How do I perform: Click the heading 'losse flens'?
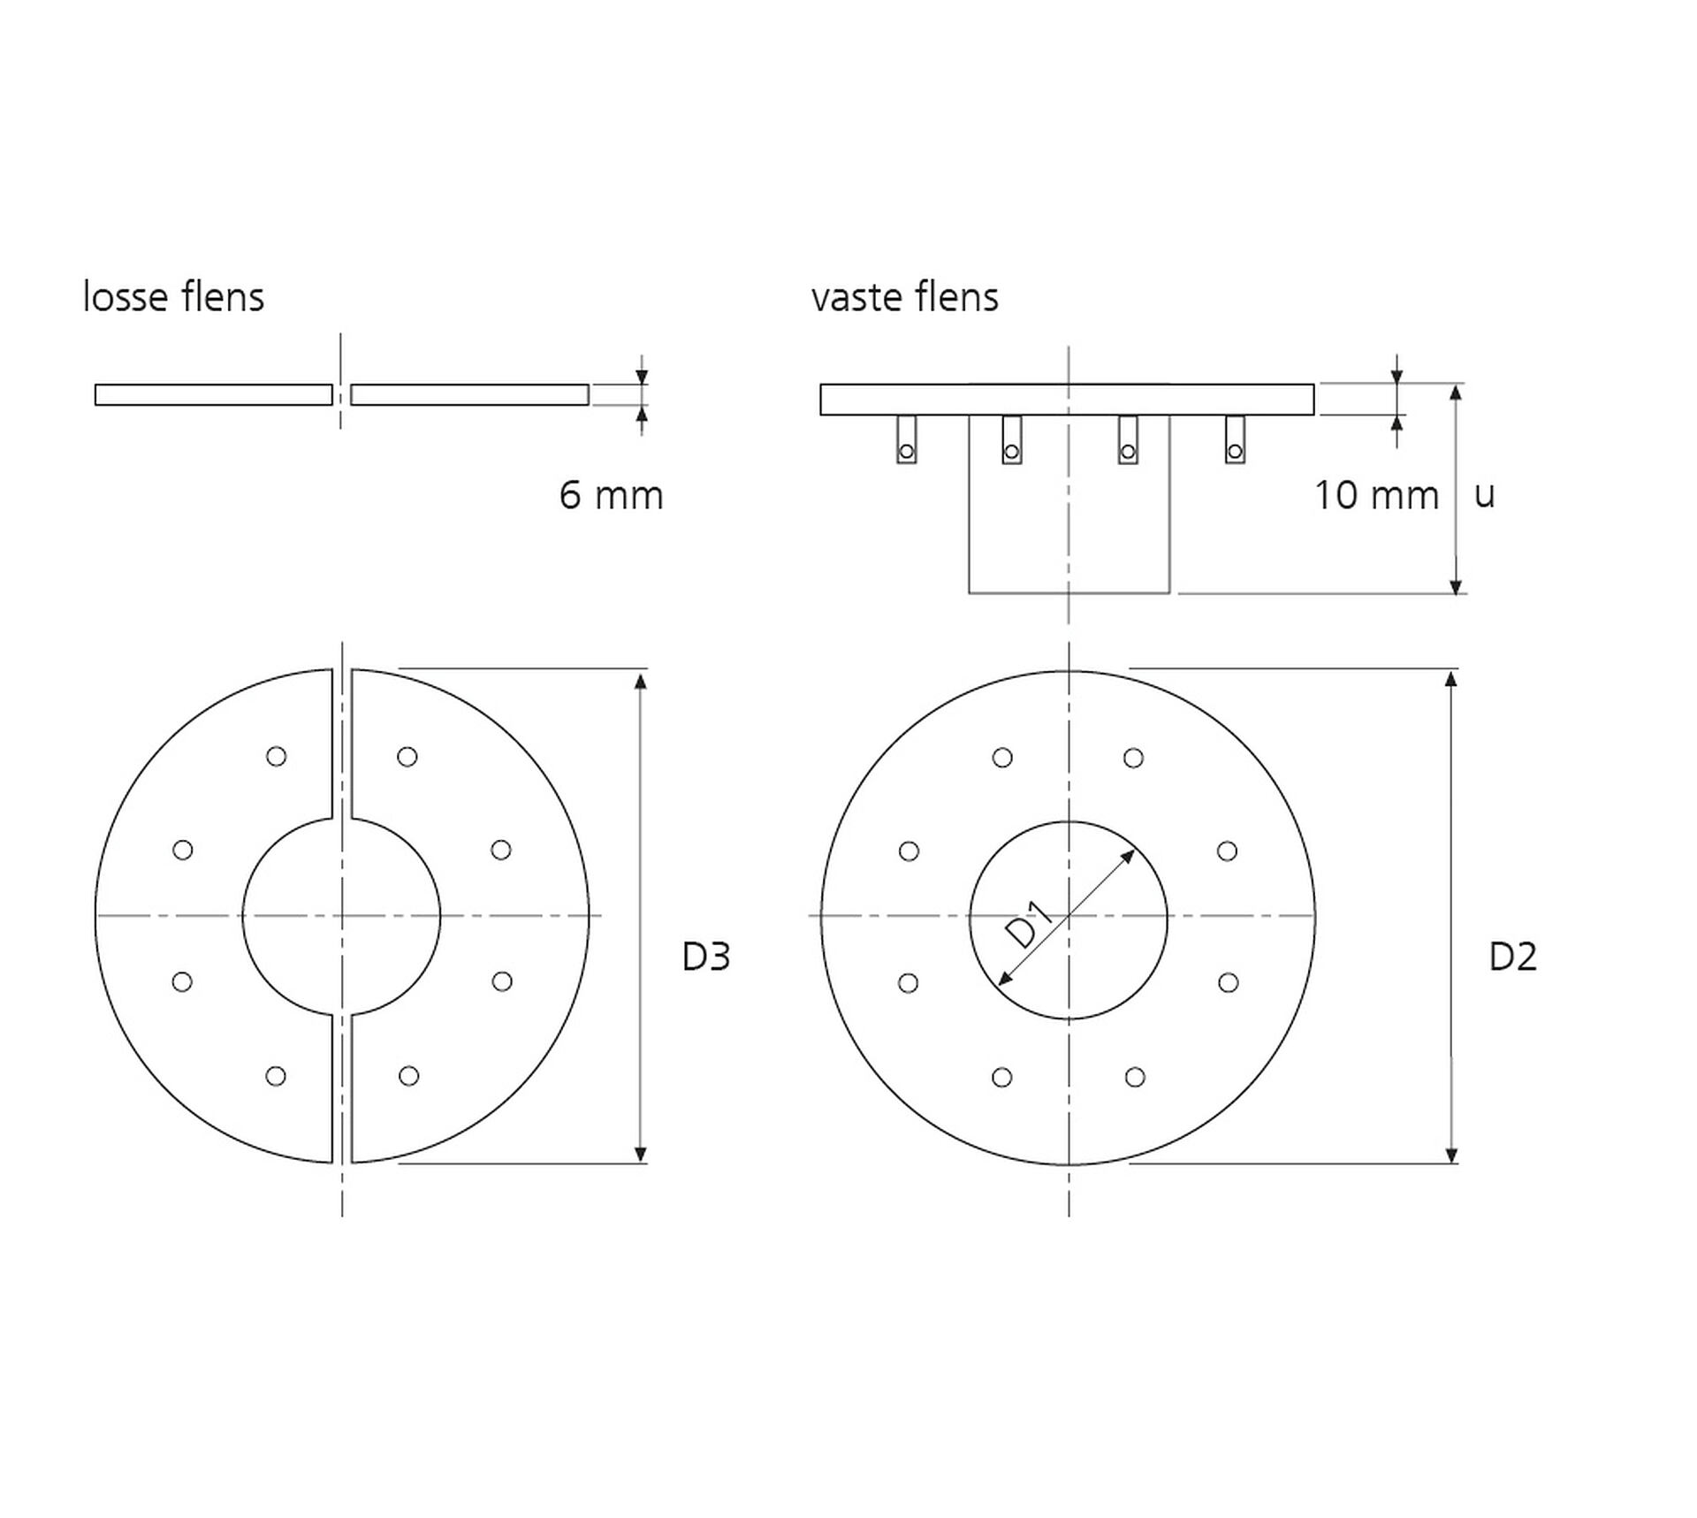173,296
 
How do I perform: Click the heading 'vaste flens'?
905,296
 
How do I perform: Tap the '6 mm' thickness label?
611,495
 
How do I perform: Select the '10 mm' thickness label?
1376,495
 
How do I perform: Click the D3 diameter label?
706,957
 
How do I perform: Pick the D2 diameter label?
1513,957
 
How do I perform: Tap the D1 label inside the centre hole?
1030,924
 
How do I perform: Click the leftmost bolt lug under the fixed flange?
906,439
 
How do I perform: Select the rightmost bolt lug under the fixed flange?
1235,439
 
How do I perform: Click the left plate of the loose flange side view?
214,394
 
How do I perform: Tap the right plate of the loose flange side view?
469,394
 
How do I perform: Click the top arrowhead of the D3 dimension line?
641,679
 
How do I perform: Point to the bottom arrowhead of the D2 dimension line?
1450,1155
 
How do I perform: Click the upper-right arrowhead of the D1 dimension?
1128,856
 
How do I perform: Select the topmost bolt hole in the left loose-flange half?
276,757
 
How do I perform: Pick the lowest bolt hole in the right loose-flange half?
408,1076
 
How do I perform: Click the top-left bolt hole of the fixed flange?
1002,758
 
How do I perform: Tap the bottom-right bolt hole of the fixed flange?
1135,1077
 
